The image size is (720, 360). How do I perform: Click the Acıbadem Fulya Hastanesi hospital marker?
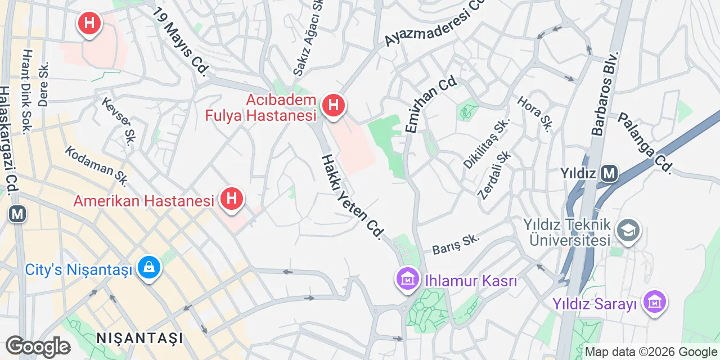[x=333, y=105]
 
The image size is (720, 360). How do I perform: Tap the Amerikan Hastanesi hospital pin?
[x=231, y=199]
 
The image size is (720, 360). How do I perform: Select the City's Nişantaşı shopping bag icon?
[x=149, y=268]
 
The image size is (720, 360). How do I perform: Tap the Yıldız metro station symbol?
[x=609, y=174]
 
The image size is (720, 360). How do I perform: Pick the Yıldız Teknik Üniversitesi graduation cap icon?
[x=628, y=229]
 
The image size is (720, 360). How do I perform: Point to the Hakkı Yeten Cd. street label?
[x=353, y=196]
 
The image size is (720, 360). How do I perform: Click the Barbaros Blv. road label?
[x=605, y=93]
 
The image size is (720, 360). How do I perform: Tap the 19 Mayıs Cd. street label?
[x=181, y=42]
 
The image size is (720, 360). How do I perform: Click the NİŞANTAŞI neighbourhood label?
[x=140, y=338]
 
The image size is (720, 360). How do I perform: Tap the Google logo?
[x=38, y=346]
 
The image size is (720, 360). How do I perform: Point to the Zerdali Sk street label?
[x=494, y=175]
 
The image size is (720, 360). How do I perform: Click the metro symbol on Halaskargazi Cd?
[x=17, y=214]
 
